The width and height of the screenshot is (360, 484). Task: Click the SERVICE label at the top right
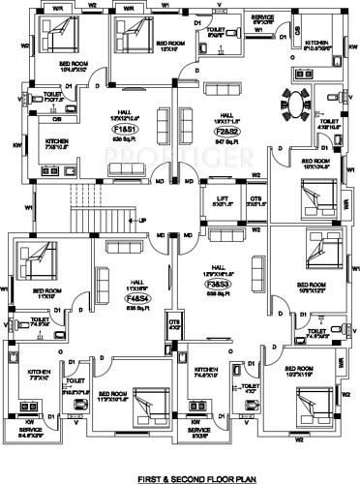pyautogui.click(x=263, y=17)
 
